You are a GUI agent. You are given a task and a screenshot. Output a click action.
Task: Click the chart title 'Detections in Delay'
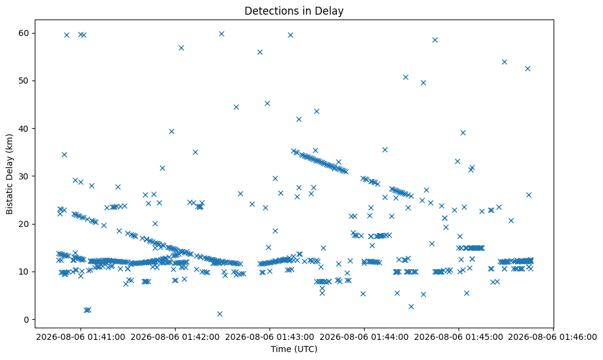tap(294, 11)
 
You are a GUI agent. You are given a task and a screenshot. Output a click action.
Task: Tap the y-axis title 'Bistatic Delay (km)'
tap(9, 174)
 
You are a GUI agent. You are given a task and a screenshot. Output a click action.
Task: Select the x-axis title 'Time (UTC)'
tap(294, 349)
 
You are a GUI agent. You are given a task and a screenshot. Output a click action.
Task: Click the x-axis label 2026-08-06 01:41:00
tap(80, 337)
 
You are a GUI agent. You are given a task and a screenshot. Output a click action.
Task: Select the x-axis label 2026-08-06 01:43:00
tap(269, 337)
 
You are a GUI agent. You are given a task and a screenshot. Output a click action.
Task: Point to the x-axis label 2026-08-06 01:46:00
tap(552, 337)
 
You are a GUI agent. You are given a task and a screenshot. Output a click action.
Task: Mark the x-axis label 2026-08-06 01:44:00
tap(364, 337)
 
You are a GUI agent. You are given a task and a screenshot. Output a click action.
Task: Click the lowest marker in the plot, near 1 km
tap(219, 314)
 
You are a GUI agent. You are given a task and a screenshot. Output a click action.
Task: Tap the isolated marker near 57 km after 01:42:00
tap(181, 48)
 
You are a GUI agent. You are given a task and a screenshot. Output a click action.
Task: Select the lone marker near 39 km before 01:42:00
tap(171, 131)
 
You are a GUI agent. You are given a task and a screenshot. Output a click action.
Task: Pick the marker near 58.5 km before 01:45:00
tap(435, 40)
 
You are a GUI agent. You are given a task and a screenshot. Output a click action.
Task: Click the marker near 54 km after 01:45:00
tap(505, 62)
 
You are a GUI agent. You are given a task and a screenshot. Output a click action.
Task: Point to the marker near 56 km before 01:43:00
tap(260, 52)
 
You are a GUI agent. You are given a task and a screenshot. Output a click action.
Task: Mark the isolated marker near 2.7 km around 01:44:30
tap(411, 306)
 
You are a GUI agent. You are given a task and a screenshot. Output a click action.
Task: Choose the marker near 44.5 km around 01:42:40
tap(236, 107)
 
